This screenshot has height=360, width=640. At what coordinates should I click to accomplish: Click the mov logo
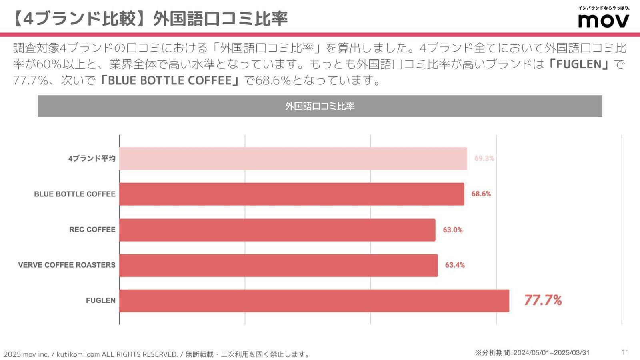604,20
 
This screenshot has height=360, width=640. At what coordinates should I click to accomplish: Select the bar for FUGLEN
314,301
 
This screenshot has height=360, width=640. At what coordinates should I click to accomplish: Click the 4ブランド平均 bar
293,158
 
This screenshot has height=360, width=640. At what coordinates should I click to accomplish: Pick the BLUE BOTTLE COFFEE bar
292,194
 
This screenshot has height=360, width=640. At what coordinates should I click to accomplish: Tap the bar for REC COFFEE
277,230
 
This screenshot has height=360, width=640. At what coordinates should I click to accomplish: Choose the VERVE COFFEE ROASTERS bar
278,265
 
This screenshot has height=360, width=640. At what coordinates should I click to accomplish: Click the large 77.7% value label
543,300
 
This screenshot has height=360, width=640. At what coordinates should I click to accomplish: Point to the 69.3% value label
484,158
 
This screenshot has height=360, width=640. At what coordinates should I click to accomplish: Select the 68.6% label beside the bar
481,194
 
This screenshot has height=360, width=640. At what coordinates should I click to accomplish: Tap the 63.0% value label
452,230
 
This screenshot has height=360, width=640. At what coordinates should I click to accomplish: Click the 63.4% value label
455,265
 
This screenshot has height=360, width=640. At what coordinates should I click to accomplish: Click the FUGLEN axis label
100,300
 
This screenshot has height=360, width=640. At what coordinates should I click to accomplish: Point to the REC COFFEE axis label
92,230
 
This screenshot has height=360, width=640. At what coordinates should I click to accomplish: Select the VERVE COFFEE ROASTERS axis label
67,265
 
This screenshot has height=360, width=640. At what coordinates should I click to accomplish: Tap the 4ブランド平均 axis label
92,158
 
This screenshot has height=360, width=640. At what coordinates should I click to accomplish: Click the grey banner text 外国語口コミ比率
320,106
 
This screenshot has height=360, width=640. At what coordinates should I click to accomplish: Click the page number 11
625,352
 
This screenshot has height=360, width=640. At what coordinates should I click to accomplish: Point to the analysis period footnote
532,353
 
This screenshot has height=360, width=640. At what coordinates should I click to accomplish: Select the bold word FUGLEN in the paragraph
579,64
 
